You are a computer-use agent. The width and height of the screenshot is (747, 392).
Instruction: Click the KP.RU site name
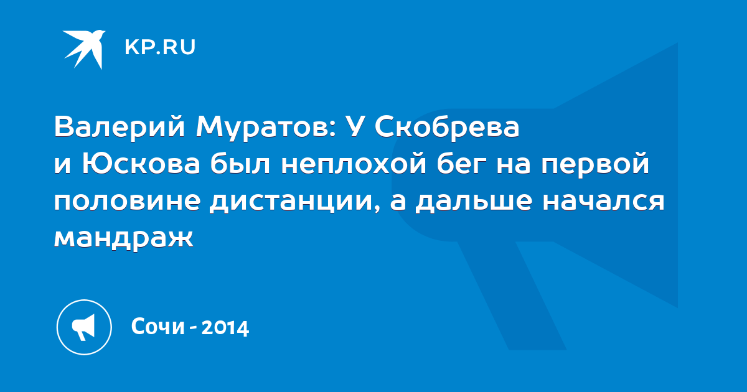tap(160, 47)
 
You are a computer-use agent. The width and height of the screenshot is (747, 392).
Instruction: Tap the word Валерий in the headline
tap(120, 128)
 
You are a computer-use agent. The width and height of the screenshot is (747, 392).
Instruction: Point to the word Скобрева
tap(447, 127)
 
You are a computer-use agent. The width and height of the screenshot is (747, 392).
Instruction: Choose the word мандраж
tap(124, 238)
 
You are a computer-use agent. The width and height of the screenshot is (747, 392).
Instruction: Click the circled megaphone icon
tap(84, 327)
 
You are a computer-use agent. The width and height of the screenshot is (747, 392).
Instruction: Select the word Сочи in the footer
tap(157, 326)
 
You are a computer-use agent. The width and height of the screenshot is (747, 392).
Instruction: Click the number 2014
tap(225, 327)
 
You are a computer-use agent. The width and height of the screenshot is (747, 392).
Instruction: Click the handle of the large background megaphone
tap(512, 295)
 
